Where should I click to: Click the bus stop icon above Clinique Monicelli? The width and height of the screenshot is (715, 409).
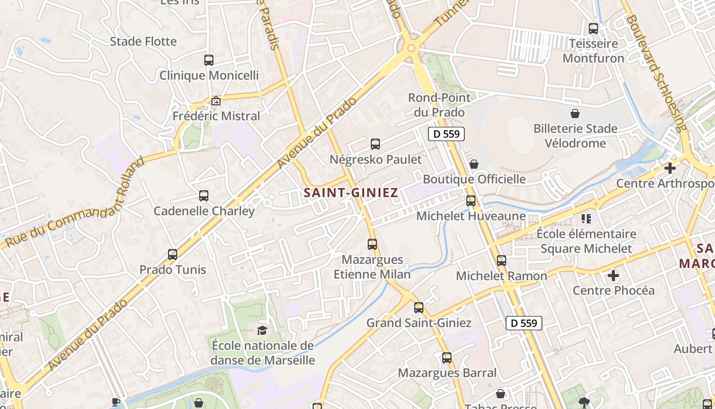(x=209, y=60)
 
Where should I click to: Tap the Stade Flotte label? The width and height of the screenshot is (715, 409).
(x=144, y=41)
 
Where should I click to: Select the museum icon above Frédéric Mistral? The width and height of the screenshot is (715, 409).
(x=216, y=101)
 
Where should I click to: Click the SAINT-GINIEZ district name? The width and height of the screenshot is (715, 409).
(x=350, y=193)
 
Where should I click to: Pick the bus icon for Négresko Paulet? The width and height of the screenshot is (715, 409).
(x=375, y=144)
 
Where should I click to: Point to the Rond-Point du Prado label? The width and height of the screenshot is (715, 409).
(x=436, y=105)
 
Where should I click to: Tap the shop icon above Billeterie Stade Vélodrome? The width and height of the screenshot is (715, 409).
(x=575, y=113)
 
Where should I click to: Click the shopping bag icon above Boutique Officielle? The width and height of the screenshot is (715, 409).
(x=474, y=164)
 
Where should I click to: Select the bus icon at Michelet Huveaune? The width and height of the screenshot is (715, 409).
(x=471, y=201)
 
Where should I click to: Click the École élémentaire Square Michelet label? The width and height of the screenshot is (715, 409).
(x=586, y=241)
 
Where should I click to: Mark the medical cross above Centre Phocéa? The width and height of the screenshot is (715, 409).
(x=613, y=276)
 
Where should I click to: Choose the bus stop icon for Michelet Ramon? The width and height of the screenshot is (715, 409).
(x=502, y=261)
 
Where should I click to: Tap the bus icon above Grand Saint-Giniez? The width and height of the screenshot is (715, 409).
(x=419, y=308)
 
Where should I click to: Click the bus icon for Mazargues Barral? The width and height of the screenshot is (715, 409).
(x=447, y=358)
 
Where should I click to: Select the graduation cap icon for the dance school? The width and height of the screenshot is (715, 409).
(x=262, y=330)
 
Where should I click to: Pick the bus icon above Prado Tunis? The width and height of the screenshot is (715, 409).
(x=173, y=255)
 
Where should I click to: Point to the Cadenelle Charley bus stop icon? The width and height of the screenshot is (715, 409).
(x=204, y=196)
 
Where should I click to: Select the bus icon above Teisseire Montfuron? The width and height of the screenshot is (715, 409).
(x=593, y=29)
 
